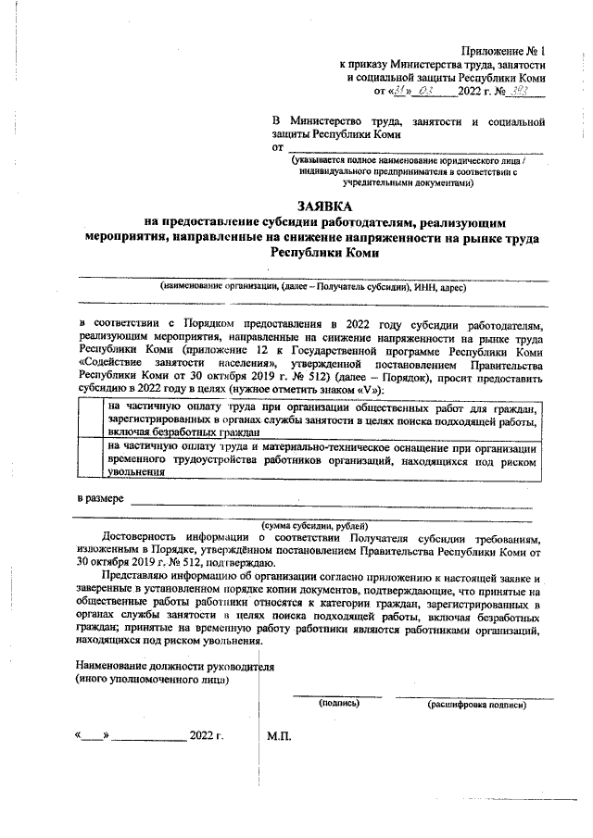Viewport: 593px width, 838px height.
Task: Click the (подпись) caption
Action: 338,704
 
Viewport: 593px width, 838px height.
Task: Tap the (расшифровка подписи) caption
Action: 476,705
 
